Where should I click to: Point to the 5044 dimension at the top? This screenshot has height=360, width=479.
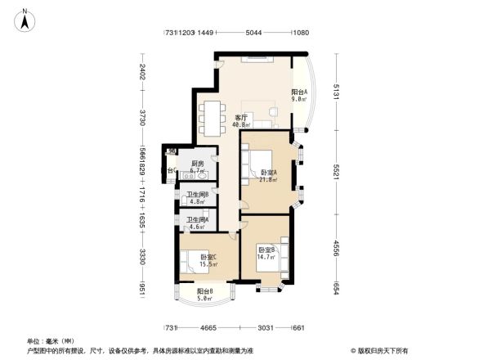(x=254, y=33)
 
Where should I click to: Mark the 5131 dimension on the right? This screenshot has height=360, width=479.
(x=335, y=93)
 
